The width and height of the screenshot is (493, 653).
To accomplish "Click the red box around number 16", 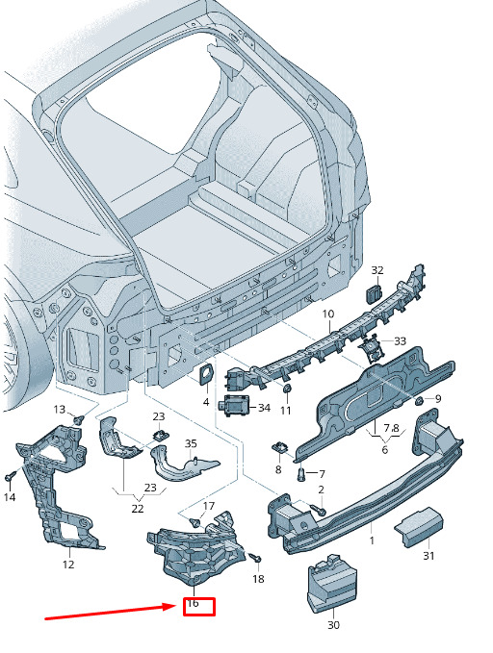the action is coord(199,607).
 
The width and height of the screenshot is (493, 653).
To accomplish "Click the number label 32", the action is coord(377,270).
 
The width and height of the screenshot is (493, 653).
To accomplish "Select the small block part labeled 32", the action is coord(374,294).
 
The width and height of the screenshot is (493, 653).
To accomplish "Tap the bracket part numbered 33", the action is coord(372,347).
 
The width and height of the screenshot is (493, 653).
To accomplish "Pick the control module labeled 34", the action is coord(236,405).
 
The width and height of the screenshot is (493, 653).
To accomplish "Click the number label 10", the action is coord(328,314).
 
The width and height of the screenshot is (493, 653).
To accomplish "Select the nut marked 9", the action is coord(420,401).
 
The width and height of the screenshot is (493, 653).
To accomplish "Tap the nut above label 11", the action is coord(287,389).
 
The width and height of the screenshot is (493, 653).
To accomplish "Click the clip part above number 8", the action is coord(280,448).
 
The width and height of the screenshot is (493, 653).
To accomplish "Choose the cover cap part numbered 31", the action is coord(418,525).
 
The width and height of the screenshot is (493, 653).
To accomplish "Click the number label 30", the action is coord(334,625).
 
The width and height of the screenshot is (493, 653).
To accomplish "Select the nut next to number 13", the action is coord(78,419).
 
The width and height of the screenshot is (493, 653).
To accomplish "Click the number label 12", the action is coord(68,565).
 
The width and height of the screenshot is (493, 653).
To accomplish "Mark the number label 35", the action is coord(191,443).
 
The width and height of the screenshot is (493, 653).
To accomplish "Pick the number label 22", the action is coord(138,509).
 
